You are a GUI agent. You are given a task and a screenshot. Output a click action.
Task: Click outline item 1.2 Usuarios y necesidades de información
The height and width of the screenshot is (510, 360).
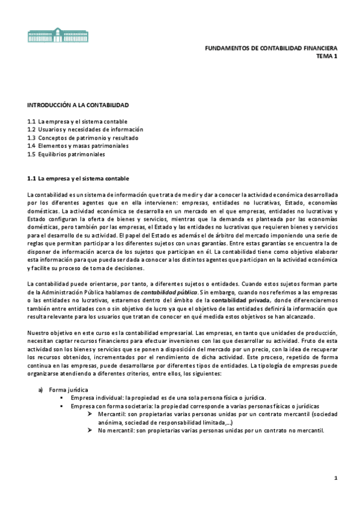point(85,129)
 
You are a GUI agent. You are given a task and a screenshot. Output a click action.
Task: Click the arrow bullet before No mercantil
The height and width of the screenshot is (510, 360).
point(89,431)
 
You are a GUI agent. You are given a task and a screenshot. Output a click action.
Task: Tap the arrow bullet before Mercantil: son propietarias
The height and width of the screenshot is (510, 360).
point(89,414)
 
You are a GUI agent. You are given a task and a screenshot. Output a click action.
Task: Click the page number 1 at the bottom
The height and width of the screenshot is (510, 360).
point(336,478)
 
